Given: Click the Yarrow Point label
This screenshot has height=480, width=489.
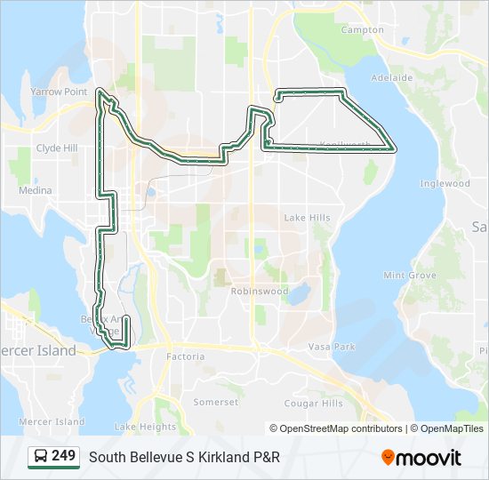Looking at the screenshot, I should click(59, 92).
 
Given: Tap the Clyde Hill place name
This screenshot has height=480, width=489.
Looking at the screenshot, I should click(57, 148).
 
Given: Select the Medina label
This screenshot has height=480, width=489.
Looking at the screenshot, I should click(35, 190).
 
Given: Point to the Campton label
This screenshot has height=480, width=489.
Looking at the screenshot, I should click(362, 29).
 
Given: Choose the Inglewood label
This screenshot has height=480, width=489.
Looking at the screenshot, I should click(445, 183).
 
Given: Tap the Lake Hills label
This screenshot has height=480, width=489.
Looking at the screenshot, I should click(307, 218).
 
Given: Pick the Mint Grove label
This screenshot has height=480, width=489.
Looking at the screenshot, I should click(409, 276).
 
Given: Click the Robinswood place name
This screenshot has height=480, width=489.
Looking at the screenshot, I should click(260, 291).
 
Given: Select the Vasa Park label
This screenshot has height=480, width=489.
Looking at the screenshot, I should click(332, 346).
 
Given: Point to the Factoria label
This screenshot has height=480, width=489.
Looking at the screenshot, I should click(185, 356).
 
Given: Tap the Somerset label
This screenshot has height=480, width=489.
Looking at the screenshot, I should click(217, 402).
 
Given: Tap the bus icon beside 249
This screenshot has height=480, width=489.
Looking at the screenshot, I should click(41, 457).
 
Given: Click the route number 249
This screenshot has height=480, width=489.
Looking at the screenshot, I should click(63, 456).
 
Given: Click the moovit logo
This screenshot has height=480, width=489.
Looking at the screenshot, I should click(421, 458).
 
